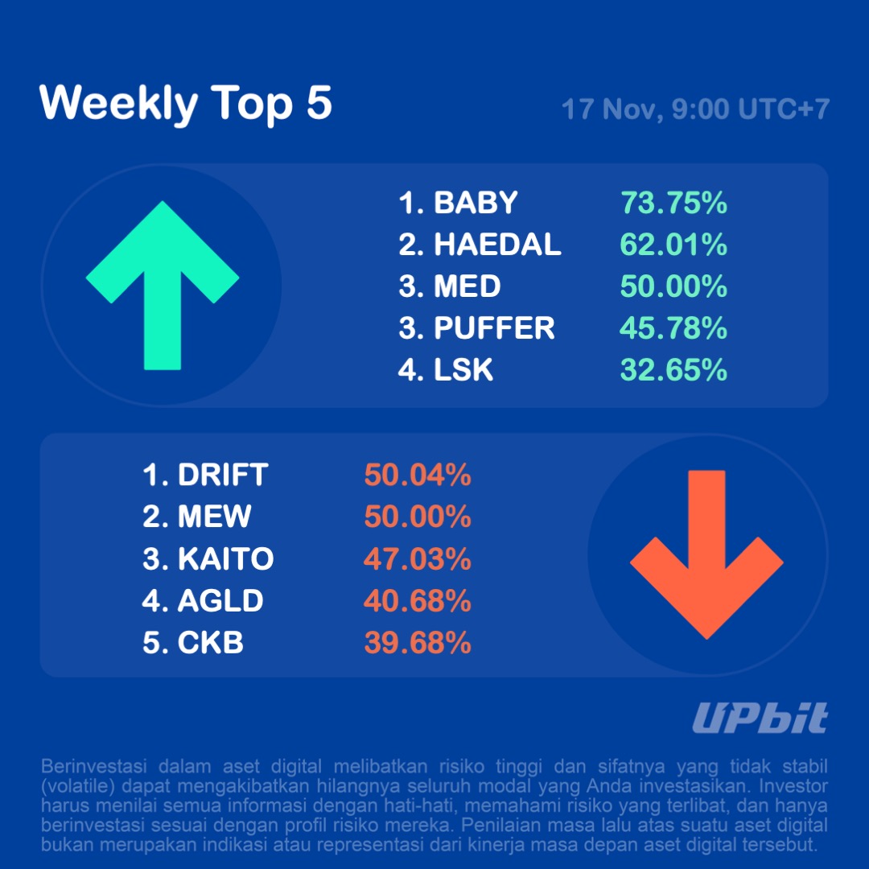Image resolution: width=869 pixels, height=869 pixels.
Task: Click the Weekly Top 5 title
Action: click(x=186, y=103)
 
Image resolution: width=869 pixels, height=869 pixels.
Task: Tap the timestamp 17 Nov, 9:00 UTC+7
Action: click(x=694, y=109)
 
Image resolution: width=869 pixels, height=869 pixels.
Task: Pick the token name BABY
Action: click(x=476, y=203)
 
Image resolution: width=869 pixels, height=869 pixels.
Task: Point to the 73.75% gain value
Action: click(x=673, y=203)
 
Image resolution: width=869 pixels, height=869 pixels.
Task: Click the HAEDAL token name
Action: click(x=497, y=245)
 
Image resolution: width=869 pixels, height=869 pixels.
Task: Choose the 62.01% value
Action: click(x=673, y=245)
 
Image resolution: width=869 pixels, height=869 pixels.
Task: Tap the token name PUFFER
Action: click(x=494, y=328)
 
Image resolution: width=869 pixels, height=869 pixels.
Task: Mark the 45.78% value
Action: click(x=673, y=328)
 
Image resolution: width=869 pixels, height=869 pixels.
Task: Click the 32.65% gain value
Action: click(x=673, y=370)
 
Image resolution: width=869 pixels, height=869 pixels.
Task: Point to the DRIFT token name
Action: click(x=222, y=476)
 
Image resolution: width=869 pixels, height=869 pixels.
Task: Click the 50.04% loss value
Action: click(x=418, y=476)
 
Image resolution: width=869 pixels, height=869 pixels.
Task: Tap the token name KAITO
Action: click(x=225, y=559)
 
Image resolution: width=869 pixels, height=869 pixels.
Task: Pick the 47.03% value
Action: click(x=418, y=559)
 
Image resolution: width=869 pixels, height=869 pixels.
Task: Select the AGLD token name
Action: click(x=220, y=601)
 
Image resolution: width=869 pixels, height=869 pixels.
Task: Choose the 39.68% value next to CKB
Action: click(x=418, y=643)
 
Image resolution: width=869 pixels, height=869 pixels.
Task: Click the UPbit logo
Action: click(x=760, y=718)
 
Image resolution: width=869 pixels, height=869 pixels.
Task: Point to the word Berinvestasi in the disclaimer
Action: click(x=89, y=765)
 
